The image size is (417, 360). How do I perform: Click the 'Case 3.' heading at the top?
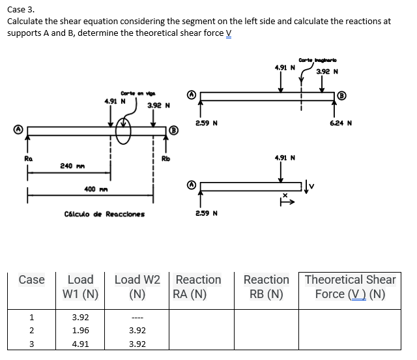pyautogui.click(x=21, y=9)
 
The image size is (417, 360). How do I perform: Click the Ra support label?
pyautogui.click(x=28, y=158)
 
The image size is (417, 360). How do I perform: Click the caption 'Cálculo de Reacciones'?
pyautogui.click(x=105, y=213)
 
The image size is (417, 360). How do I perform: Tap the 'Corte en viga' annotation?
pyautogui.click(x=135, y=93)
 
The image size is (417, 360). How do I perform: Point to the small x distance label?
pyautogui.click(x=284, y=195)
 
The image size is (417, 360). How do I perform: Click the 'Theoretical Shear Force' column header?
pyautogui.click(x=350, y=286)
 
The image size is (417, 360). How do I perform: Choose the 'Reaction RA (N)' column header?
pyautogui.click(x=198, y=286)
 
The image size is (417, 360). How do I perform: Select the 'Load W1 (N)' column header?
pyautogui.click(x=80, y=286)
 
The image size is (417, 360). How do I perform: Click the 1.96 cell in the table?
pyautogui.click(x=80, y=330)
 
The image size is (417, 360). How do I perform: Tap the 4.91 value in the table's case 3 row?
pyautogui.click(x=80, y=344)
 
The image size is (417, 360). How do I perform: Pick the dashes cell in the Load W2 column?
pyautogui.click(x=137, y=318)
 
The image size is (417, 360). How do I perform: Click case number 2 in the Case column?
pyautogui.click(x=31, y=330)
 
